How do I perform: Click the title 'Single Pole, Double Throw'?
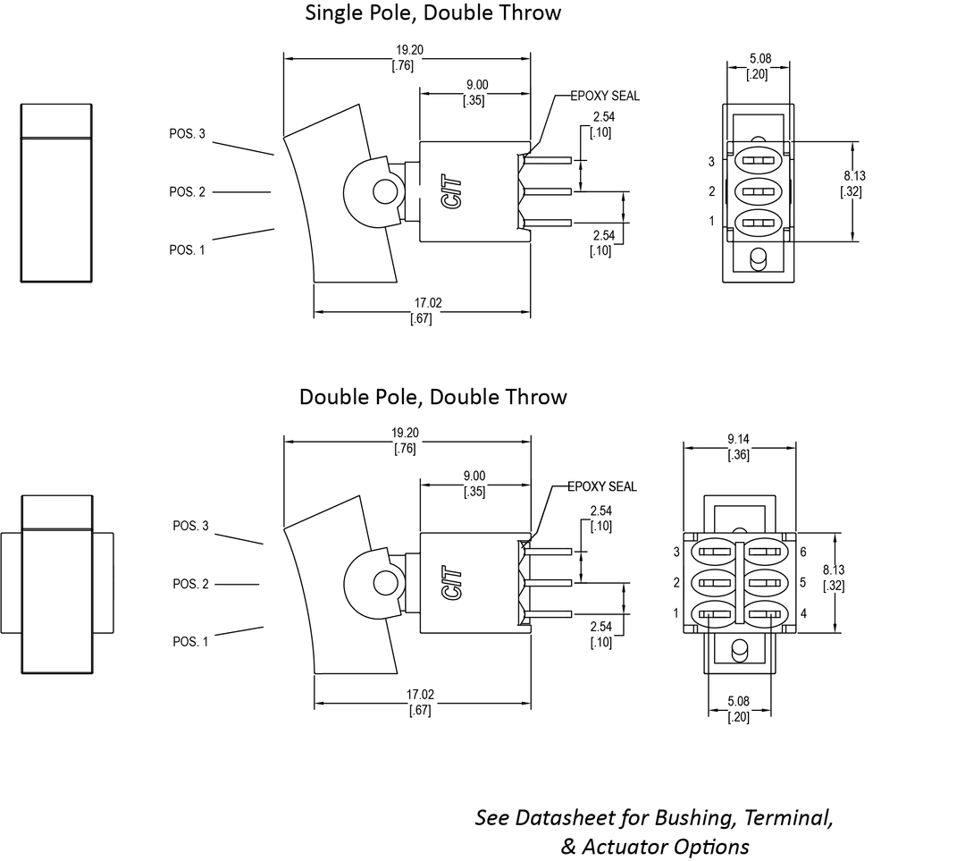(x=433, y=13)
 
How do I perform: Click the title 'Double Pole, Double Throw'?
(x=433, y=396)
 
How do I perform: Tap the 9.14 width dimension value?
(x=738, y=440)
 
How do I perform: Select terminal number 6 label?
(x=804, y=553)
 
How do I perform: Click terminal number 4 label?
(x=804, y=613)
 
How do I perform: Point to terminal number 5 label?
(x=804, y=583)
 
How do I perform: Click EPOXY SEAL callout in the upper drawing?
(x=606, y=96)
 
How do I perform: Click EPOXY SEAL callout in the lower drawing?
(x=603, y=486)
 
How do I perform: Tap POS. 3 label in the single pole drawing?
(x=187, y=134)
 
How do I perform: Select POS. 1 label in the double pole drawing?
(x=190, y=641)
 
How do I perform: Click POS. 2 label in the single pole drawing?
(x=187, y=192)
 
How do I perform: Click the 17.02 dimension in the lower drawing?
(x=420, y=695)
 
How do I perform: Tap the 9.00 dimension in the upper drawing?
(x=476, y=85)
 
